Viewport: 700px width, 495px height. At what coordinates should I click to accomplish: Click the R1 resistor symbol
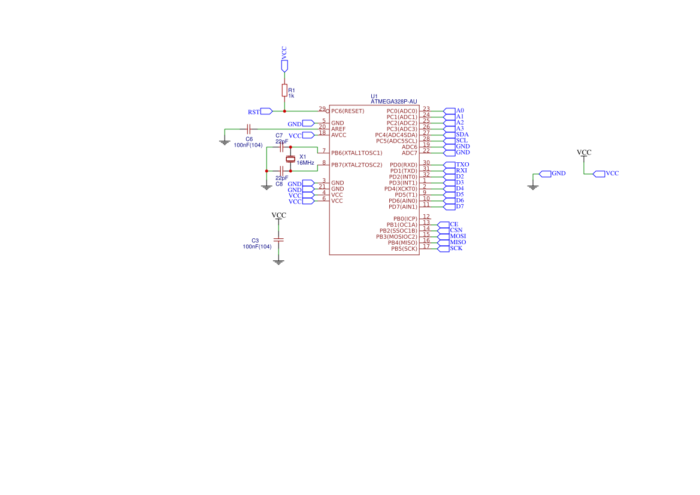pos(284,90)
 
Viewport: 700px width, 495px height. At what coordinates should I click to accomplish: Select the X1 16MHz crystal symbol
pos(290,159)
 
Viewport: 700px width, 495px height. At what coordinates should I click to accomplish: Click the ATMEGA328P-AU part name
pos(394,102)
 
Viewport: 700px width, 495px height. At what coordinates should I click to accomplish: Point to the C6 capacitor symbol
pos(249,129)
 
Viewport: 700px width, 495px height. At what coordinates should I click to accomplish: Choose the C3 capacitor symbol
pos(278,239)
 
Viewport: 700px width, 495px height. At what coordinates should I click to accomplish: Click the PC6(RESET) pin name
pos(348,111)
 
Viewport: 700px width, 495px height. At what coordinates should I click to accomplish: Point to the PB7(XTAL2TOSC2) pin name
pos(357,165)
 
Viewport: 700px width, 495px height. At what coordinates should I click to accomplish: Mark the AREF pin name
pos(338,129)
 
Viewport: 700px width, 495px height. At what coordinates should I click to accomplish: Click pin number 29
pos(322,109)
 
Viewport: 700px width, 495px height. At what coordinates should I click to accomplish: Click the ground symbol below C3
pos(278,262)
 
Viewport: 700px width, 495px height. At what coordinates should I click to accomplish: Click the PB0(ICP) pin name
pos(405,218)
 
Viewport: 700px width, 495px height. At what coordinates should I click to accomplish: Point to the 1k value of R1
pos(291,96)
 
